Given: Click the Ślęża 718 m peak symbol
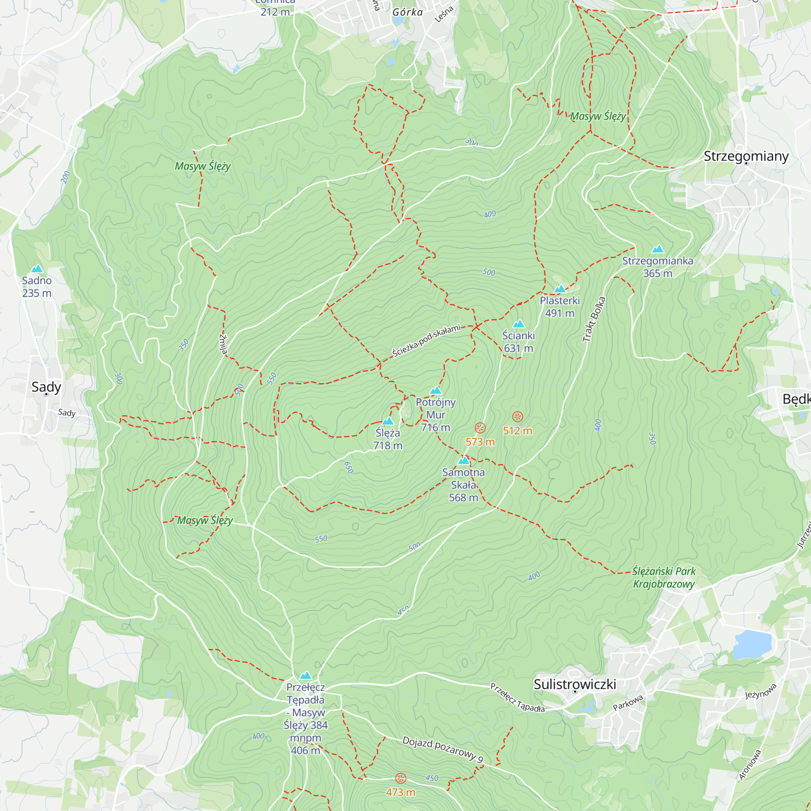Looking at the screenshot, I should [388, 421].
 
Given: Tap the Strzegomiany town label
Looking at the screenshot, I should [746, 156].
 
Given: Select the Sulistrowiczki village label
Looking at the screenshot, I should [575, 684].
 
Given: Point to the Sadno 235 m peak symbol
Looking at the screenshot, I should [37, 269].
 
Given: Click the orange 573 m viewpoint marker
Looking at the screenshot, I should [480, 428].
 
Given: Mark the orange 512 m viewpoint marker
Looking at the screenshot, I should [517, 417].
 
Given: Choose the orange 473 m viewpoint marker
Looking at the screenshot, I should [401, 779].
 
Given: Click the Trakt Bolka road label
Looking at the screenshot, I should [594, 319].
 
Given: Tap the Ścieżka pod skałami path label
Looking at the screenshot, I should [426, 341].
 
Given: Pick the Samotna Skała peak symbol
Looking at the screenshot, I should [463, 461].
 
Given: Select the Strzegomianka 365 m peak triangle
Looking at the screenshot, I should [658, 249].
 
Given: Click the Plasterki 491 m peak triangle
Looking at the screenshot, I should [560, 289].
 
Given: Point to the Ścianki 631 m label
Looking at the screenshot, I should [518, 342].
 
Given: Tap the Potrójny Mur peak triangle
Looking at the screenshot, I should [436, 391].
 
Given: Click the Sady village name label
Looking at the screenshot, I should [46, 386].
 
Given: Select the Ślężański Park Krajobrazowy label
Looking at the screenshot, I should [664, 577].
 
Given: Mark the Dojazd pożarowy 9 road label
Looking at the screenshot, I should [443, 749].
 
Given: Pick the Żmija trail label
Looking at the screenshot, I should [223, 344].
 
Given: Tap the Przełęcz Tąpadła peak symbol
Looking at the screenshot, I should [306, 676].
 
